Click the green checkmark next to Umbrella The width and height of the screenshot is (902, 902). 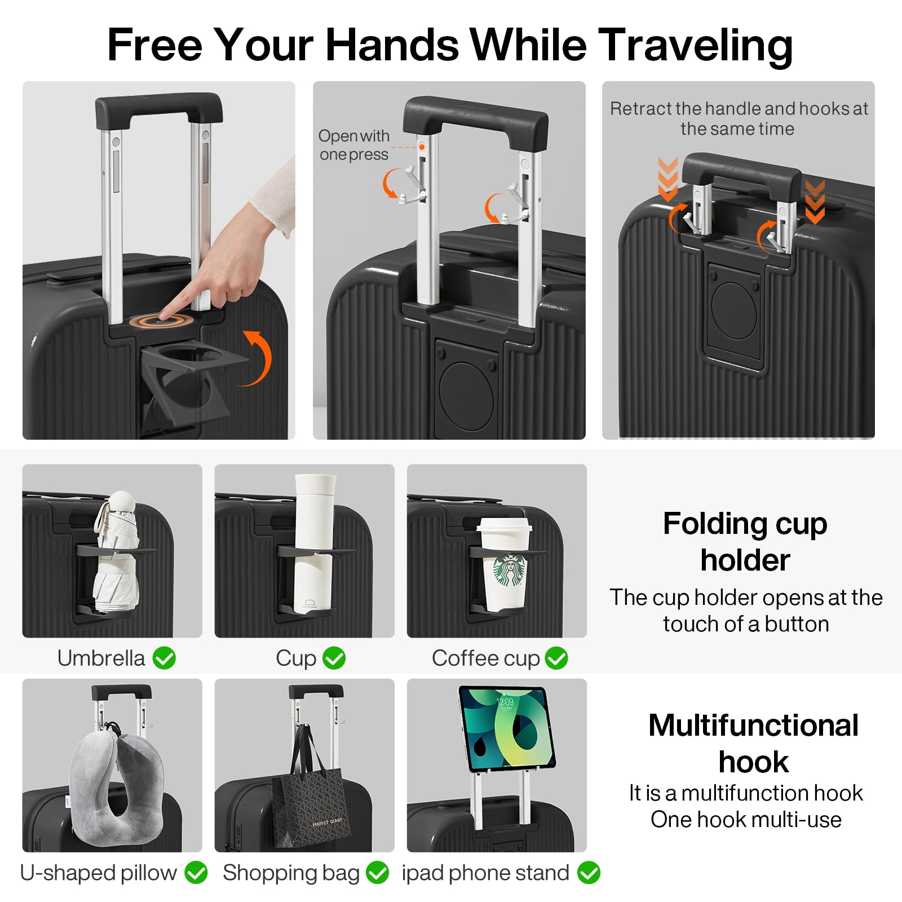tap(165, 658)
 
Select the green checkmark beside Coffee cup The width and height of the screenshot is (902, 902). tap(556, 658)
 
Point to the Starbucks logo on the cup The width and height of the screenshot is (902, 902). tap(510, 571)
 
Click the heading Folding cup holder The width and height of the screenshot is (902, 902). tap(745, 542)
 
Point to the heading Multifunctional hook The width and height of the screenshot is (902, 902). tap(754, 743)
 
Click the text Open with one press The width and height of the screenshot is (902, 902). tap(354, 145)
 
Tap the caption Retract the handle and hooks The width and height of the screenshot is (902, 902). tap(739, 118)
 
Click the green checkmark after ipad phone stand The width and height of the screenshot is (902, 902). tap(589, 873)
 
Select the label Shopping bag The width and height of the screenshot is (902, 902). tap(291, 873)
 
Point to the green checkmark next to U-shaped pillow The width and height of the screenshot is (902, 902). tap(196, 873)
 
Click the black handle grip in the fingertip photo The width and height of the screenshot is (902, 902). tap(159, 108)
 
